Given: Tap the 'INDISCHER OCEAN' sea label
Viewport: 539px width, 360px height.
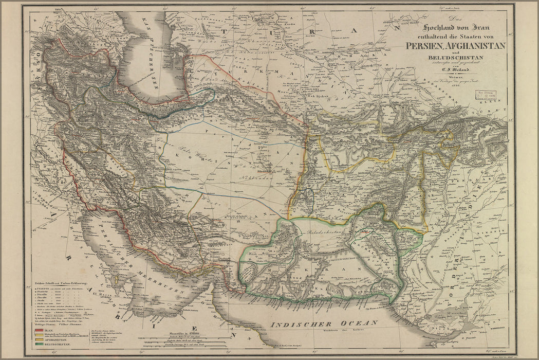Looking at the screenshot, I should point(324,323).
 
